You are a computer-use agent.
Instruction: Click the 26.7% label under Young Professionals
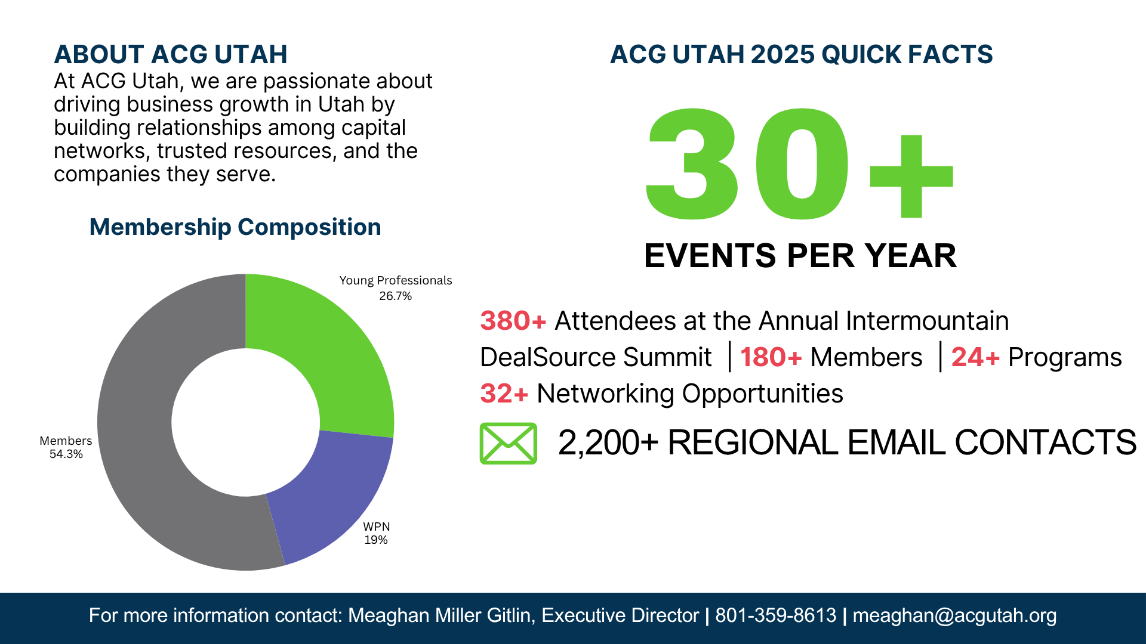coord(395,296)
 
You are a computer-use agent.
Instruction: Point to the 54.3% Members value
coord(66,454)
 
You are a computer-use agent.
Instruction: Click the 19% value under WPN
coord(376,540)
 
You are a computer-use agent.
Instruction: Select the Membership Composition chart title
coord(235,227)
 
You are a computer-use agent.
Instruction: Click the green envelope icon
coord(508,444)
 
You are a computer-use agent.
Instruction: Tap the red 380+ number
coord(513,321)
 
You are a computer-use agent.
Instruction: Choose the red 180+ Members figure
coord(771,357)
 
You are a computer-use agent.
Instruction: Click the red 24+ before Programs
coord(975,357)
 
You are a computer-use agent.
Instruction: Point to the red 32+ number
coord(504,394)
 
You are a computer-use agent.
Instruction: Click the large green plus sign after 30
coord(911,176)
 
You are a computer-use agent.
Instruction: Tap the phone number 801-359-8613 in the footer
coord(775,615)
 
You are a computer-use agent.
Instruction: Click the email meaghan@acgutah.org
coord(954,615)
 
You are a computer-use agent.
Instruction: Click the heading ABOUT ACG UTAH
coord(171,54)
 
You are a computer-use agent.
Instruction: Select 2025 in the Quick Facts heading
coord(782,54)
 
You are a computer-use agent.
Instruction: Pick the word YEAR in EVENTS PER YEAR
coord(911,256)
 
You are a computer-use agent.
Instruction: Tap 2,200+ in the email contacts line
coord(608,442)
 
